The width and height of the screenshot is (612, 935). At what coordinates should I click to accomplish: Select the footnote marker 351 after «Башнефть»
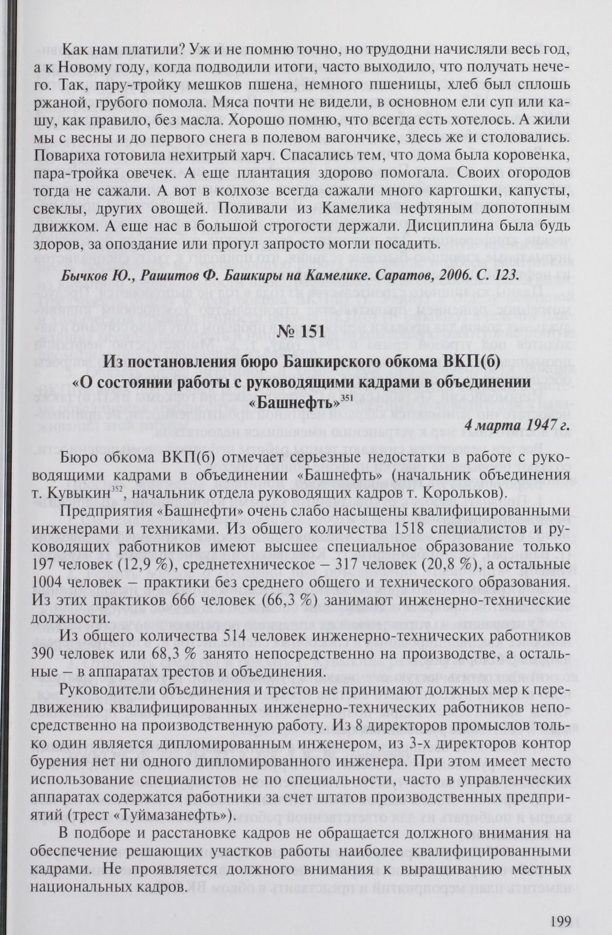(x=347, y=398)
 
